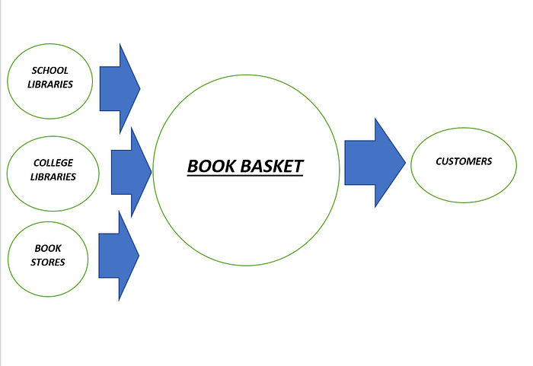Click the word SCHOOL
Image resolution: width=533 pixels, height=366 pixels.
coord(50,71)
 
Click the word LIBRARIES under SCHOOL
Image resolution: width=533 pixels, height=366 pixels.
coord(50,84)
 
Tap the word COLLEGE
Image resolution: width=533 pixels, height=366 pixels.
coord(53,163)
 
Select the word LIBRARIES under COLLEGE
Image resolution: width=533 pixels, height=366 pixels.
coord(53,177)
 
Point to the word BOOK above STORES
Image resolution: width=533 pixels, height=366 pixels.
coord(48,248)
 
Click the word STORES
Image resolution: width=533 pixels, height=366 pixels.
coord(48,262)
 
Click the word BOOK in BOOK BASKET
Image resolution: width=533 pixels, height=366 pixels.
coord(211,166)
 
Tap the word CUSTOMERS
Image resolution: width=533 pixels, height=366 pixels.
coord(464,161)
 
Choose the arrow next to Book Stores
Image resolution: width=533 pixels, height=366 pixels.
coord(119,256)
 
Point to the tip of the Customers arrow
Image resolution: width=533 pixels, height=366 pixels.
coord(404,162)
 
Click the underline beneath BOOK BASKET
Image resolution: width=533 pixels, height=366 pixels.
coord(245,175)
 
